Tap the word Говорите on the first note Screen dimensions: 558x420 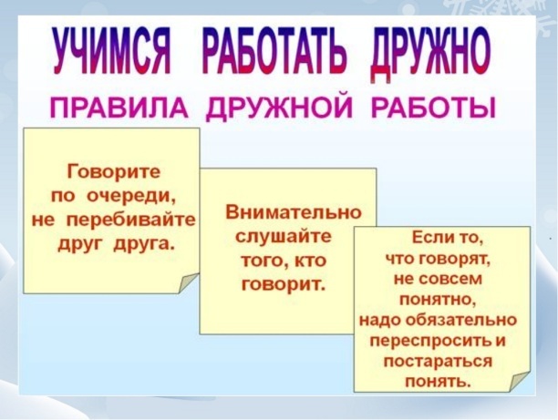point(114,173)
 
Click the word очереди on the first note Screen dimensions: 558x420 point(130,196)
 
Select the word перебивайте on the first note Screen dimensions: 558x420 point(131,220)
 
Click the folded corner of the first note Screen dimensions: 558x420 point(188,282)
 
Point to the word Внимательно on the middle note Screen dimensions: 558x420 point(294,213)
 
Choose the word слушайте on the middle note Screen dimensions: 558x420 point(284,237)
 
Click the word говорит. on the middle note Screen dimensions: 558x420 point(284,284)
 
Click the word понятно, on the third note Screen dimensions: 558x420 point(439,301)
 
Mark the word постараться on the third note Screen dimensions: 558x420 point(438,362)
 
